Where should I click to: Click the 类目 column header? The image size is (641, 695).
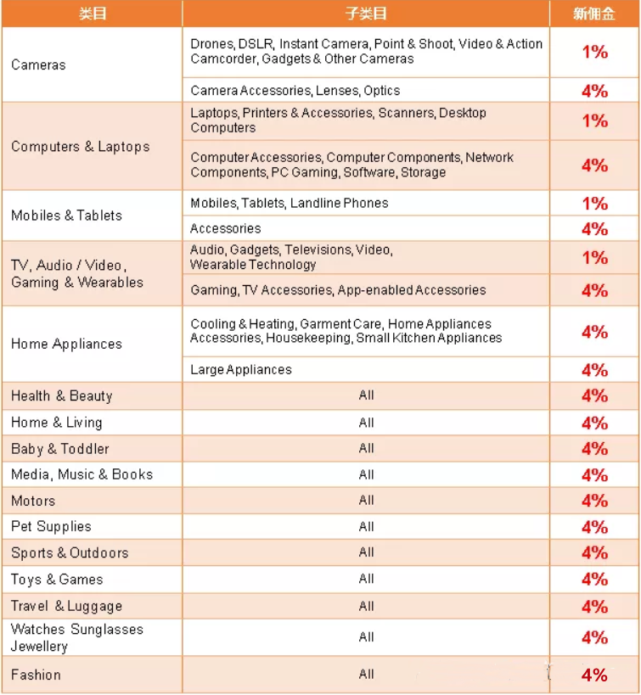92,14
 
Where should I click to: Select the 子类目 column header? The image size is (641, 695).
365,14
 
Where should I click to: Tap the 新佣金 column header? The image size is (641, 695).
594,14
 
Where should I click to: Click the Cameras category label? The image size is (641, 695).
38,64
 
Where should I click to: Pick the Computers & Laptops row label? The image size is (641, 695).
80,147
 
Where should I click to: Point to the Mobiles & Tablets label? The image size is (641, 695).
66,216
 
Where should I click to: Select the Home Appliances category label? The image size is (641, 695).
66,344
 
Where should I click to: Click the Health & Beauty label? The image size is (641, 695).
61,396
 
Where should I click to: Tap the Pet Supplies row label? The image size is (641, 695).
51,527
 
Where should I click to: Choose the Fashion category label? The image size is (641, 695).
36,675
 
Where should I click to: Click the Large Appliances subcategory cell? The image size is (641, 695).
241,370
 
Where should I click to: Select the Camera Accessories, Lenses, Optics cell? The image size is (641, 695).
295,91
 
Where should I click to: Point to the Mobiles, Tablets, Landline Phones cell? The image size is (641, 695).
289,204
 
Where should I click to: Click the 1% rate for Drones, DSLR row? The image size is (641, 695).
594,52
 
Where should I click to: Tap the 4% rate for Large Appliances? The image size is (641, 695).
594,370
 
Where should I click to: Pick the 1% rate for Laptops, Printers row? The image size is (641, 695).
594,121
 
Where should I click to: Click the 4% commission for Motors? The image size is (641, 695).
594,501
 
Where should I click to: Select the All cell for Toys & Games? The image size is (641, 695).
366,580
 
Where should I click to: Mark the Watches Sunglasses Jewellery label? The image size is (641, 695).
76,638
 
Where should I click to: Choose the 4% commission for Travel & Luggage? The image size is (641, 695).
594,607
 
